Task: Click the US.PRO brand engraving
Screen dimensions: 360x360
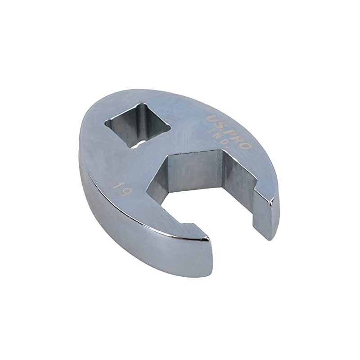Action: [x=229, y=132]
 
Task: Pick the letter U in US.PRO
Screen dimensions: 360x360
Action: [x=211, y=119]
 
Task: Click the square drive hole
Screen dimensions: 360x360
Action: [x=137, y=124]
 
